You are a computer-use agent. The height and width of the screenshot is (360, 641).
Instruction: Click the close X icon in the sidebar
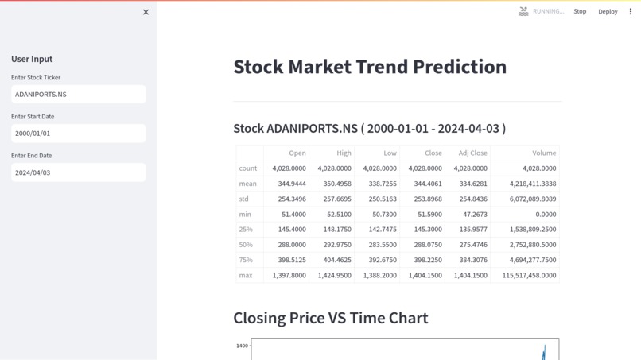click(x=146, y=12)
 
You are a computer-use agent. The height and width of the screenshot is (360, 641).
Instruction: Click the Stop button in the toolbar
click(x=580, y=12)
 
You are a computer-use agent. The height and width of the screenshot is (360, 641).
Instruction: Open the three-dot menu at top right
click(x=631, y=12)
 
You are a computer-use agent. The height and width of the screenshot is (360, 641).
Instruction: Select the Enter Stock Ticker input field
click(x=78, y=94)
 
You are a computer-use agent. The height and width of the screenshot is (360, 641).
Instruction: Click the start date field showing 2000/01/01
click(x=78, y=134)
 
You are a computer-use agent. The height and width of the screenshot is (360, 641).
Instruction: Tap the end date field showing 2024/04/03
click(x=78, y=172)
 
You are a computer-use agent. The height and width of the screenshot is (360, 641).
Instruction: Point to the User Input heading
click(x=32, y=59)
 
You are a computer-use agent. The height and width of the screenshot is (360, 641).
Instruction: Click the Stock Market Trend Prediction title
click(x=370, y=67)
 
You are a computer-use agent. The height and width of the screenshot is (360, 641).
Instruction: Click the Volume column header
click(x=544, y=153)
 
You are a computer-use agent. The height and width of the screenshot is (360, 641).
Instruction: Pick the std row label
click(x=244, y=199)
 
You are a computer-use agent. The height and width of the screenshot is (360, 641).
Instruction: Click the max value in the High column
click(x=334, y=275)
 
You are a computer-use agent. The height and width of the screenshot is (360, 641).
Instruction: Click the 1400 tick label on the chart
click(x=242, y=346)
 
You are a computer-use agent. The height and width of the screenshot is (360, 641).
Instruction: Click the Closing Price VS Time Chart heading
click(x=330, y=318)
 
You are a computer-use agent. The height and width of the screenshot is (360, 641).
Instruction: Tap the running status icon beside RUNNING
click(x=523, y=11)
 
